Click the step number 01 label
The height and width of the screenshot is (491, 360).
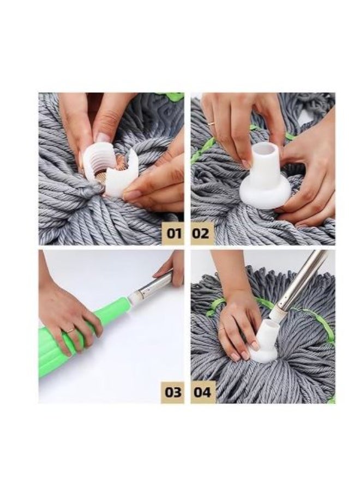173,233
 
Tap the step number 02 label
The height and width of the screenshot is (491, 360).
201,233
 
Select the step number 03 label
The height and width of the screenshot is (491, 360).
173,392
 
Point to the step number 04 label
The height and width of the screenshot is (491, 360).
202,392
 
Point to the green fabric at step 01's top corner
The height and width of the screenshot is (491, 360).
173,97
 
